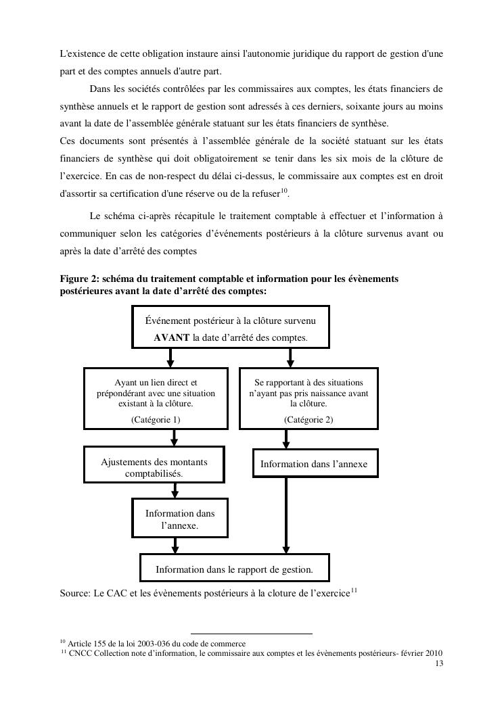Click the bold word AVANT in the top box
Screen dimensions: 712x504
coord(172,337)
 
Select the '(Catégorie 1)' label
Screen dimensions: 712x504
coord(156,419)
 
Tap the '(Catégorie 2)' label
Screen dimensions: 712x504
coord(308,419)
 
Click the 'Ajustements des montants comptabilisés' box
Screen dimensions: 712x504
coord(154,468)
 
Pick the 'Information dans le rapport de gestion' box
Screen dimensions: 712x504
coord(234,569)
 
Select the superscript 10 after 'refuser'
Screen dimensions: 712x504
coord(285,190)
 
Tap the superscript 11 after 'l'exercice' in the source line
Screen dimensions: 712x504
coord(354,590)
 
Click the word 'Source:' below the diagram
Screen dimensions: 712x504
coord(75,594)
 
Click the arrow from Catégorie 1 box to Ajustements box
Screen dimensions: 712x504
coord(175,437)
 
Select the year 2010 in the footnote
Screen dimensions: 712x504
coord(433,652)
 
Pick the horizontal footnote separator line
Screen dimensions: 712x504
coord(251,634)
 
